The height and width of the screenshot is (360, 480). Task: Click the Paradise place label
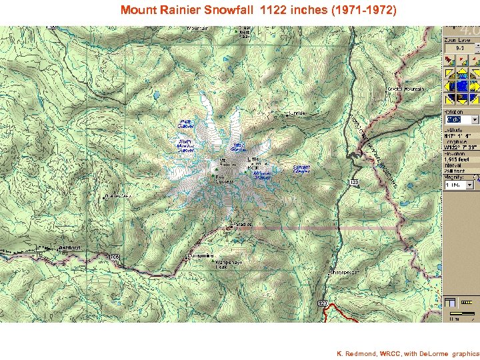(243, 225)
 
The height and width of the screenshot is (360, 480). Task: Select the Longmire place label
(201, 255)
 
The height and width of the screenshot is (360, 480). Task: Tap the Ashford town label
(70, 247)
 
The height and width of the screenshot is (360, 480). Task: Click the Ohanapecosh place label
(345, 272)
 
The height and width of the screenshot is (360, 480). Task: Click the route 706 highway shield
(114, 257)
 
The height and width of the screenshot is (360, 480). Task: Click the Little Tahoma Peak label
(254, 162)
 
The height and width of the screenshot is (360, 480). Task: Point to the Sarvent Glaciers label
(301, 169)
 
